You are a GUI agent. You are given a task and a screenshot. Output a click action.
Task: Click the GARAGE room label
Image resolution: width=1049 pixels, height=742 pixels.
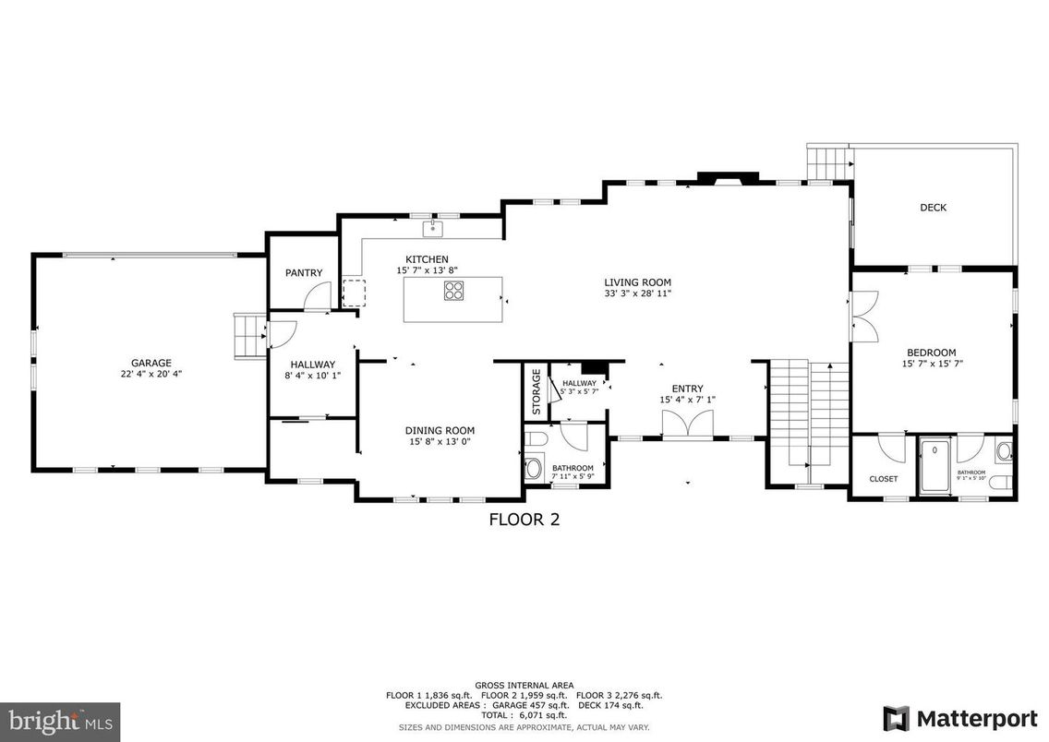point(151,364)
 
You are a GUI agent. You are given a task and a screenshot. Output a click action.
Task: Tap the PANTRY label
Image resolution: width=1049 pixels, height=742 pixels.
point(303,272)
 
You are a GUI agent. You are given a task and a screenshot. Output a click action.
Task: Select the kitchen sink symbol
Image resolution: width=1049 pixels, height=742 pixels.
point(432,227)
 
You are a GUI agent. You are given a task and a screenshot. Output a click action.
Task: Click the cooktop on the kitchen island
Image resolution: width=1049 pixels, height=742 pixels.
point(453,291)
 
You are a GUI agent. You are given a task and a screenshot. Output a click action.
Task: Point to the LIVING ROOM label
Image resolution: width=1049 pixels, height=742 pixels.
point(637,282)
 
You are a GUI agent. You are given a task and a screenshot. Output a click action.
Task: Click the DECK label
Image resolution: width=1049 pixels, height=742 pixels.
point(933,208)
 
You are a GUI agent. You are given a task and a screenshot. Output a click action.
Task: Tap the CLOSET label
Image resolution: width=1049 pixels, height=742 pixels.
point(884,479)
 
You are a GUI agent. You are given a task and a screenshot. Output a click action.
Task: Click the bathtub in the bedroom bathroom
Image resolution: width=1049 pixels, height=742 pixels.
point(935,467)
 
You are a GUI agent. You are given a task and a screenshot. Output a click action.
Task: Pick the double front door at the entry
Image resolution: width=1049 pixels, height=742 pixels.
point(687,425)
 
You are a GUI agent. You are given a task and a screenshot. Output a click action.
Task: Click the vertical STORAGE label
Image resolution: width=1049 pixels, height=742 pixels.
point(536,391)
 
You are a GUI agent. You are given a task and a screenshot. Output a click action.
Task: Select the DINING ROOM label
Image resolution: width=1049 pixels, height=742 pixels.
point(440,430)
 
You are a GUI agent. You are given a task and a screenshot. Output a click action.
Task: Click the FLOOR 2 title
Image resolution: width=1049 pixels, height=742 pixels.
point(524,520)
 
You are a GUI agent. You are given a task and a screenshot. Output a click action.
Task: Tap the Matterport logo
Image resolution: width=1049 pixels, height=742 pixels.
point(958,717)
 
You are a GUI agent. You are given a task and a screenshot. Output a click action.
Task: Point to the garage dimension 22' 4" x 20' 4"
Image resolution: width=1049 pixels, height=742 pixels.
point(151,375)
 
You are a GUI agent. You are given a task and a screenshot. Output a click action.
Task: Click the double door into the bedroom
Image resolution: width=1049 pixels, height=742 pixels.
point(863,314)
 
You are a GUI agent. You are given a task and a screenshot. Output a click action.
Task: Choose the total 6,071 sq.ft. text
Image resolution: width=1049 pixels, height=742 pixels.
point(524,715)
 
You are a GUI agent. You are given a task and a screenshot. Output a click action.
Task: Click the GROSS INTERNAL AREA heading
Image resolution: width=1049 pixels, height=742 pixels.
point(524,685)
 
